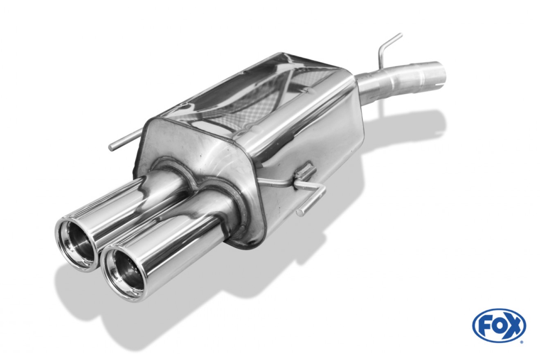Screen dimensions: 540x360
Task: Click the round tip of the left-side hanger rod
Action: point(112,147)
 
